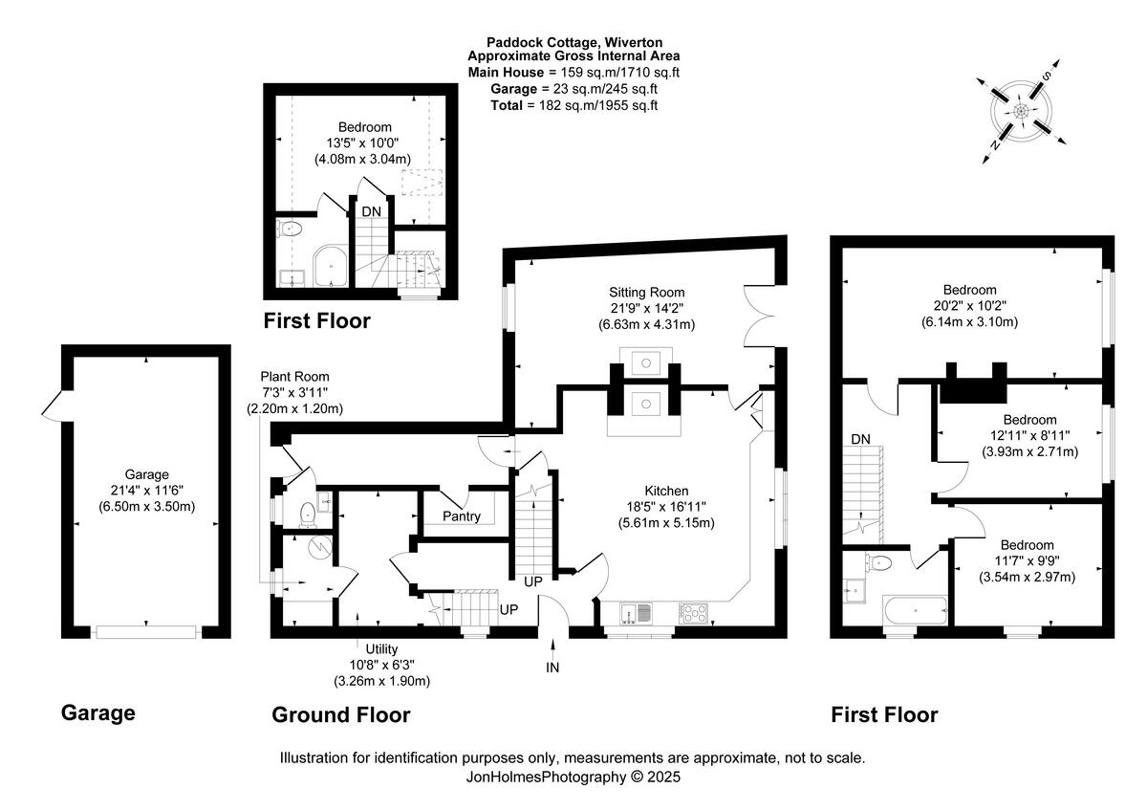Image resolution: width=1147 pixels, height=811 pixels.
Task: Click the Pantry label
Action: [x=462, y=515]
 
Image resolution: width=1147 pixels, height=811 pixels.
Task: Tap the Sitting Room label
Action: [x=647, y=293]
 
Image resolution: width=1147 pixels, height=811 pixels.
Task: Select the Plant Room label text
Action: [x=294, y=377]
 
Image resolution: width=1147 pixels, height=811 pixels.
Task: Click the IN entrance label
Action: [x=552, y=668]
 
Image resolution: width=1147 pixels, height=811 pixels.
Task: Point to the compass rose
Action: [x=1021, y=112]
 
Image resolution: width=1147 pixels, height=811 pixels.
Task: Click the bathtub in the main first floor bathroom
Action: [x=915, y=611]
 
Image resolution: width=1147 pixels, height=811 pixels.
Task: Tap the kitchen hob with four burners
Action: [x=694, y=613]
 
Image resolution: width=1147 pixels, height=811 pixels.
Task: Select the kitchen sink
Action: [x=636, y=613]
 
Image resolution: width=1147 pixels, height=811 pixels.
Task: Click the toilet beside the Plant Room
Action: [x=307, y=514]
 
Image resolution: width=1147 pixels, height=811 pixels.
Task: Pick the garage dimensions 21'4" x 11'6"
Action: [x=146, y=491]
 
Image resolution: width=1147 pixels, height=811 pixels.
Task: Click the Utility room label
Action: [x=381, y=649]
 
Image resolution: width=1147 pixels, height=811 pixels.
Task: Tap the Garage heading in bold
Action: [x=98, y=713]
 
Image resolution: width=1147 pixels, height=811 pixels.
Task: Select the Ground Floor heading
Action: [x=341, y=714]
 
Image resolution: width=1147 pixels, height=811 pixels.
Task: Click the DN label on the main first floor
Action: [x=861, y=439]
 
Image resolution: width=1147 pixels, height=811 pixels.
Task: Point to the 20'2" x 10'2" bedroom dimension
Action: [x=970, y=306]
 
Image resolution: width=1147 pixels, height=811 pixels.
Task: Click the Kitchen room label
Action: [x=666, y=491]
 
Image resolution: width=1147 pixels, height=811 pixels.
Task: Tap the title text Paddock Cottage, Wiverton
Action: [x=574, y=42]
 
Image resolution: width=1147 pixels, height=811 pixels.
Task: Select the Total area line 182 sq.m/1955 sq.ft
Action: [x=574, y=105]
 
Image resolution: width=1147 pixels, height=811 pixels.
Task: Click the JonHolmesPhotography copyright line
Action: [x=573, y=778]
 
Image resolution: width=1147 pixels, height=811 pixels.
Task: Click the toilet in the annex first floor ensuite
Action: [x=291, y=229]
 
